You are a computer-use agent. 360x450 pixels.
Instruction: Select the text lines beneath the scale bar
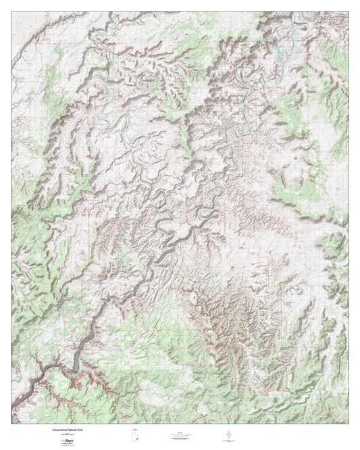click(182, 441)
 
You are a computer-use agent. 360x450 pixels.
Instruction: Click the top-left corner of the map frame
click(11, 11)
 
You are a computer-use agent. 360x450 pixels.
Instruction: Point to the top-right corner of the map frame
click(349, 11)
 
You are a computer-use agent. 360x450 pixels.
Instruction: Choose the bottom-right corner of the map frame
click(349, 424)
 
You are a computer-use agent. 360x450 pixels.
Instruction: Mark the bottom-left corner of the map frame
click(11, 424)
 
